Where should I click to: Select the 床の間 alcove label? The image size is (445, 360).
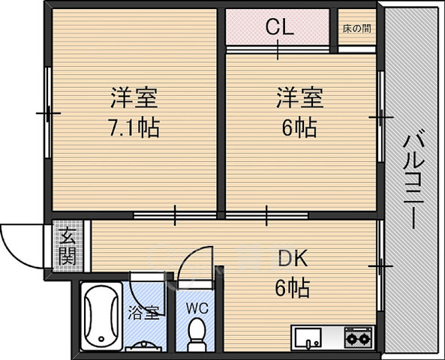[x=356, y=29]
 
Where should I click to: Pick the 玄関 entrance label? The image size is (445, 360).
[x=66, y=245]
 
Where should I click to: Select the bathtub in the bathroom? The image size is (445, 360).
[x=102, y=317]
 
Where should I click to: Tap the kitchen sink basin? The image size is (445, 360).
[x=308, y=337]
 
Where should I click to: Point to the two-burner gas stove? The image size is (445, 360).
[x=358, y=337]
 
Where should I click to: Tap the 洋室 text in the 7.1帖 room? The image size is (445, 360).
[x=134, y=97]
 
